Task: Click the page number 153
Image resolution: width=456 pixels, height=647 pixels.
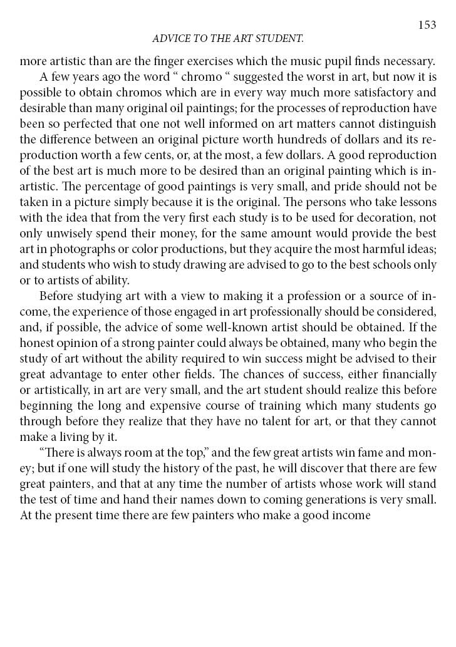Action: pyautogui.click(x=427, y=25)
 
